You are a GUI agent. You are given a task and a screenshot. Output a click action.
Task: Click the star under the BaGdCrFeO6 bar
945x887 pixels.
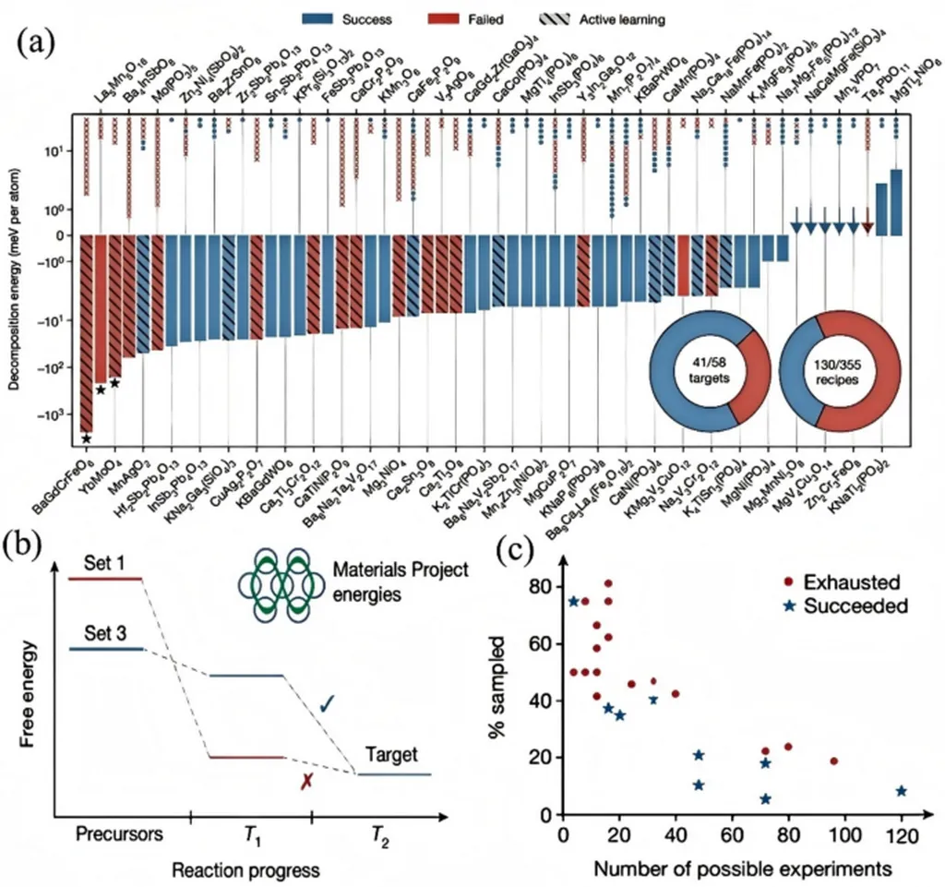(86, 438)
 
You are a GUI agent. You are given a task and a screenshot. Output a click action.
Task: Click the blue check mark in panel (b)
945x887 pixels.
(326, 706)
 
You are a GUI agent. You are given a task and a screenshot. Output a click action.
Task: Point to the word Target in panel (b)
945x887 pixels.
(392, 755)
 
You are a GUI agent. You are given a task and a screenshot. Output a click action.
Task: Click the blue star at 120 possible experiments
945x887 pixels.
(901, 791)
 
